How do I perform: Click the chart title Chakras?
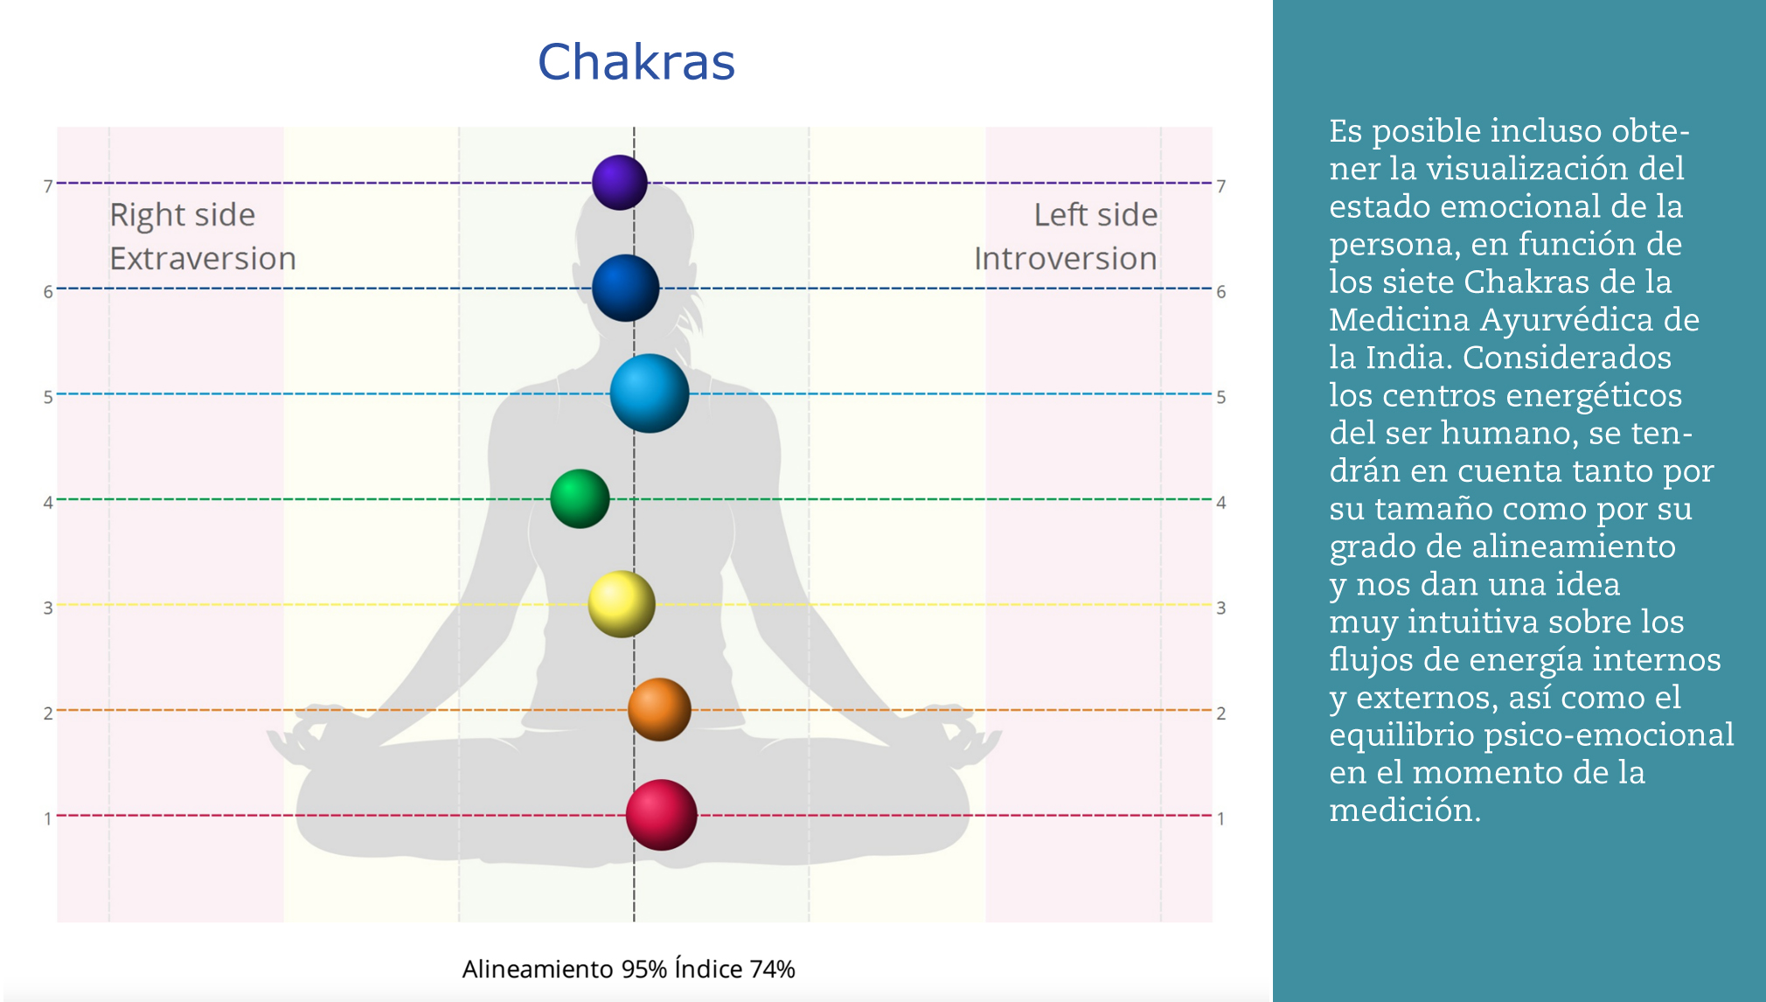[x=636, y=62]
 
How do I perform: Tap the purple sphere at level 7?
[x=620, y=183]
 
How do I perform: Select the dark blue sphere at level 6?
[x=625, y=289]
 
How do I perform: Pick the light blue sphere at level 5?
[x=650, y=393]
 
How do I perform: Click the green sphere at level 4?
[x=580, y=499]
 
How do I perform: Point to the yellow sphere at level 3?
[x=622, y=604]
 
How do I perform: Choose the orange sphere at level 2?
[x=659, y=710]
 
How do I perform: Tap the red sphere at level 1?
[x=662, y=815]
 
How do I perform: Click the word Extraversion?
[x=203, y=259]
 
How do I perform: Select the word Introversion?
[x=1066, y=259]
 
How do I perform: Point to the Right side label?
[x=182, y=215]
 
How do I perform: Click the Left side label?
[x=1095, y=215]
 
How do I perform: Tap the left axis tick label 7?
[x=48, y=186]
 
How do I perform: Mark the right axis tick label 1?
[x=1221, y=819]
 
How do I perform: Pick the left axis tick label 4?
[x=48, y=503]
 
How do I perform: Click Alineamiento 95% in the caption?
[x=564, y=969]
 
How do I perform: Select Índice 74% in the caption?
[x=734, y=969]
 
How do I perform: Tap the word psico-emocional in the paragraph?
[x=1609, y=735]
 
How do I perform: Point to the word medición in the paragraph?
[x=1404, y=811]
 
